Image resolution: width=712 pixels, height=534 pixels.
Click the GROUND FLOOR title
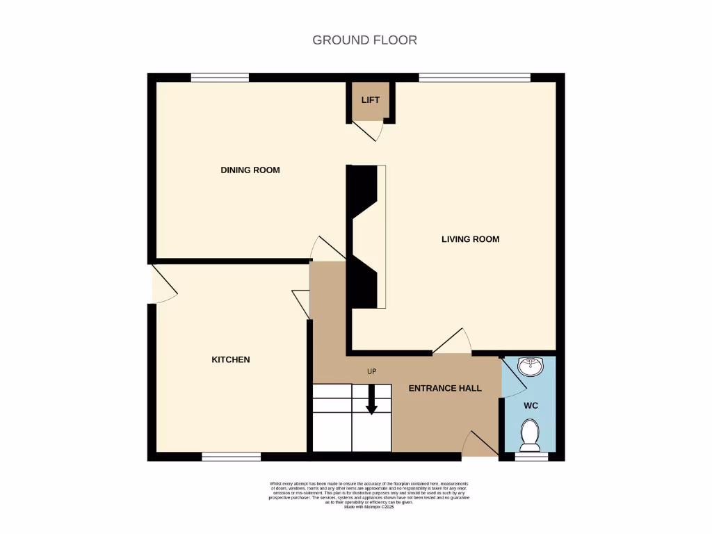click(x=364, y=40)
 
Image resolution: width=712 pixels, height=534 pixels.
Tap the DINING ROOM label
click(x=250, y=170)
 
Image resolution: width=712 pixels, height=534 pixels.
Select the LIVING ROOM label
click(x=470, y=239)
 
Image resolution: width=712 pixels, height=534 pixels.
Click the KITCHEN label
click(x=230, y=359)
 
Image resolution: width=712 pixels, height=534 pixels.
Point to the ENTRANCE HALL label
click(x=445, y=388)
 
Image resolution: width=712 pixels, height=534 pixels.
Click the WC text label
click(x=531, y=405)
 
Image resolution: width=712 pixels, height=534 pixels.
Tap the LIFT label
click(x=371, y=100)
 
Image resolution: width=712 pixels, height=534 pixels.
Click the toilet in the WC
click(x=531, y=433)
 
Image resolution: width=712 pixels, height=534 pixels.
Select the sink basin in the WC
click(x=531, y=366)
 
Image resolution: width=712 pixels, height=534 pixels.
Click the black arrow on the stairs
click(x=371, y=400)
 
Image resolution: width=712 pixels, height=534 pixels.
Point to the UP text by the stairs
click(x=371, y=372)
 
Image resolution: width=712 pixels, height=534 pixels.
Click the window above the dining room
click(x=220, y=77)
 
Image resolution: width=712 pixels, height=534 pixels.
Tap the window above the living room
click(x=475, y=77)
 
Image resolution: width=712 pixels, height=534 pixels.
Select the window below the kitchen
click(x=231, y=457)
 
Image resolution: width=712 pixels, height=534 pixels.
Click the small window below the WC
click(x=531, y=457)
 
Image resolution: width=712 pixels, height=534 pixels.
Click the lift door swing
click(x=369, y=131)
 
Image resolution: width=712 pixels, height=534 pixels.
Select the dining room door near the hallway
click(x=327, y=248)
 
